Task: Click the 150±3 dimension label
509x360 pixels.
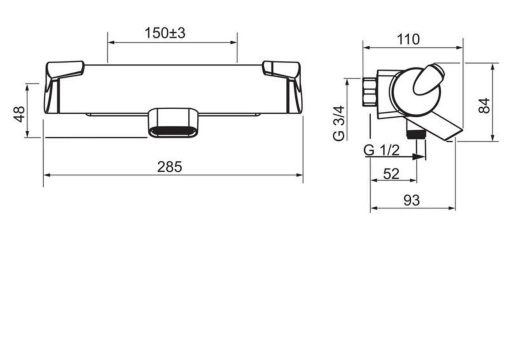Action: (165, 33)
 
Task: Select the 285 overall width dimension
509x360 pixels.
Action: (170, 167)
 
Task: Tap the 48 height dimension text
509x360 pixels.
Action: (20, 114)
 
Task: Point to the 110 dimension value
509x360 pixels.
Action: (408, 39)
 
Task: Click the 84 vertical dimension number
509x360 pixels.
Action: (484, 106)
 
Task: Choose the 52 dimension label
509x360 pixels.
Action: (391, 174)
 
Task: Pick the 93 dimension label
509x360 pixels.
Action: (411, 200)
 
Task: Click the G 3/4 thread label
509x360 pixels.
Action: (339, 124)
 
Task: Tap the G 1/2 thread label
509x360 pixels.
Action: (381, 150)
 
